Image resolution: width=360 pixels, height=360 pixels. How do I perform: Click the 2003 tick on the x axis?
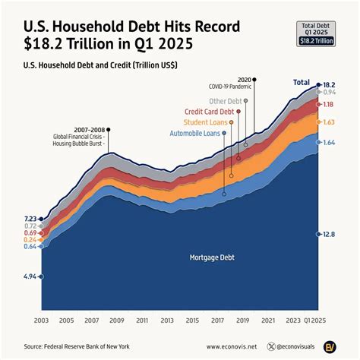click(x=42, y=321)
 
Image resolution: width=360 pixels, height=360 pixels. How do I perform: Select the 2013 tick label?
click(x=167, y=321)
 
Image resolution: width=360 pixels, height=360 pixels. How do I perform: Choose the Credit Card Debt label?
click(x=210, y=112)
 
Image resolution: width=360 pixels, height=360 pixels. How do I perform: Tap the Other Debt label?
click(x=226, y=101)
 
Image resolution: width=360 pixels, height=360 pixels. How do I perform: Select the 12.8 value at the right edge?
click(x=329, y=235)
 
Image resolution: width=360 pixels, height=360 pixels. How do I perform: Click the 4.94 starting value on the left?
click(x=29, y=276)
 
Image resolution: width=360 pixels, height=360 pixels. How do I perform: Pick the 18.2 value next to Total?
click(x=329, y=84)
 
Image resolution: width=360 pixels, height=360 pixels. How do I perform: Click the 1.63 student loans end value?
click(x=329, y=122)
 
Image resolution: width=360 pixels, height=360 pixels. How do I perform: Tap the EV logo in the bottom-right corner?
click(x=330, y=346)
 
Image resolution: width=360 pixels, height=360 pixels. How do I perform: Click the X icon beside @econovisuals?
click(x=273, y=346)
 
